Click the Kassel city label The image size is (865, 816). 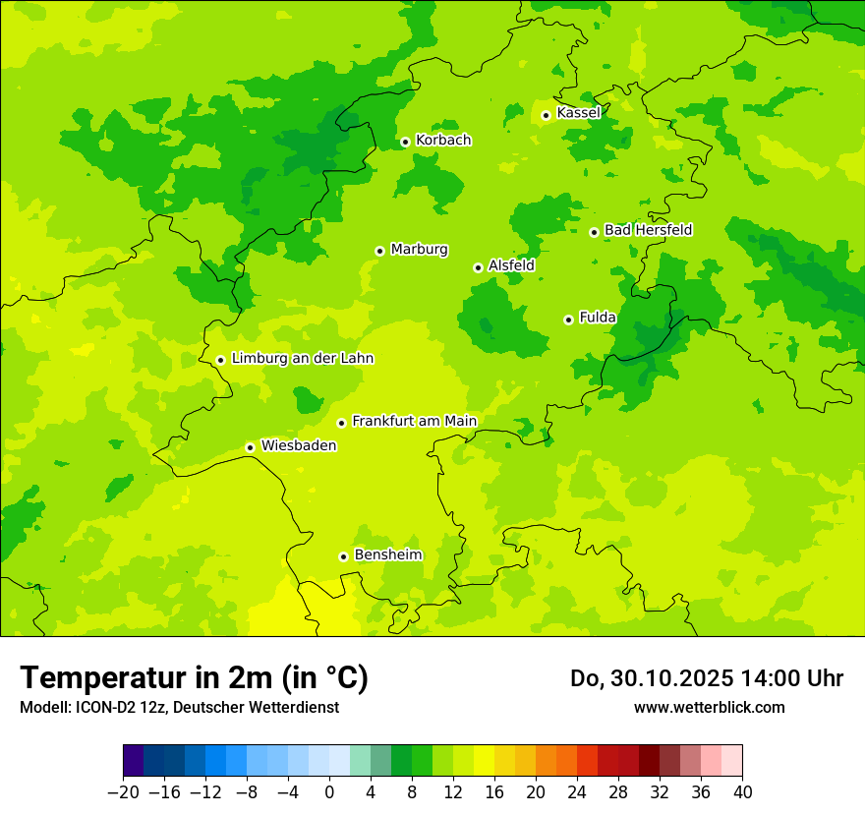pos(578,113)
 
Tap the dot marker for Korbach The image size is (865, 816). pos(405,142)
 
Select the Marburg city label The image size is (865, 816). pos(419,250)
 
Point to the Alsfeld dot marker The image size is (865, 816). pos(478,267)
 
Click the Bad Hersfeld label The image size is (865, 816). pos(648,230)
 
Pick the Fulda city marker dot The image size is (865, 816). pos(568,320)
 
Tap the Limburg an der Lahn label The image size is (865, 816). pos(302,359)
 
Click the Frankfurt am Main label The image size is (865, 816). pos(414,421)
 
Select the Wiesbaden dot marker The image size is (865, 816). pos(251,447)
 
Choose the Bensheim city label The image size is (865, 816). pos(387,554)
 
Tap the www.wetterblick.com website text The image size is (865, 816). pos(709,707)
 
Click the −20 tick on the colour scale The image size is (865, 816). pos(123,792)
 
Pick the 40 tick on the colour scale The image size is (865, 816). pos(742,792)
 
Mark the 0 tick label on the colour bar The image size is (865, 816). pos(329,792)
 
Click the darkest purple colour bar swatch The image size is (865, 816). pos(133,761)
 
